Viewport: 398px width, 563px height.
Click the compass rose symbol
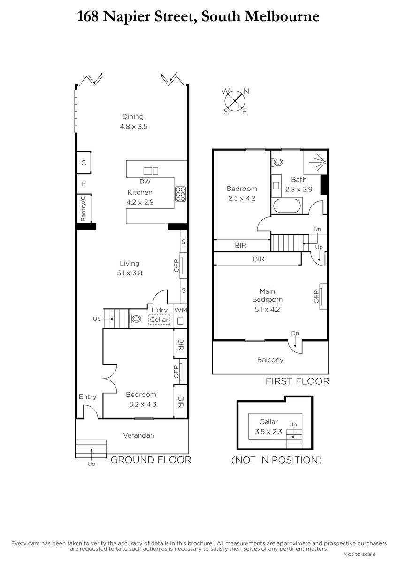tap(235, 101)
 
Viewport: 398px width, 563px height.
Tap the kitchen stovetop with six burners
tap(181, 194)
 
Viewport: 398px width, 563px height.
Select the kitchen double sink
tap(151, 171)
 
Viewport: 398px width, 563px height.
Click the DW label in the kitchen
tap(145, 182)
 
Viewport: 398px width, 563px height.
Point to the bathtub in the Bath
tap(287, 206)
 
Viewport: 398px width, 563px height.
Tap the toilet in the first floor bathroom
tap(277, 161)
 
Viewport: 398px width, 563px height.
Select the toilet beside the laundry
tap(135, 319)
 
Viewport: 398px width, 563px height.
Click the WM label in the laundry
tap(181, 310)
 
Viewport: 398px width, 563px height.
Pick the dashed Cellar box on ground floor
tap(159, 320)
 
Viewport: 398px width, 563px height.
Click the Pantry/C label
tap(83, 209)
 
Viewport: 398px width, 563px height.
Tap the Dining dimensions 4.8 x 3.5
tap(133, 126)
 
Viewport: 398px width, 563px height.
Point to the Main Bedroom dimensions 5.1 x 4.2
tap(267, 309)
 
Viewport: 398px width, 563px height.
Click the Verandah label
tap(138, 435)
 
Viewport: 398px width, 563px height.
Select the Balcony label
tap(270, 360)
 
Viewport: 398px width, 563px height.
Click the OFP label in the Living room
tap(176, 266)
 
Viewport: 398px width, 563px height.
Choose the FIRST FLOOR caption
tap(298, 381)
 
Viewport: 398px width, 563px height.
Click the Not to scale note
tap(360, 554)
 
